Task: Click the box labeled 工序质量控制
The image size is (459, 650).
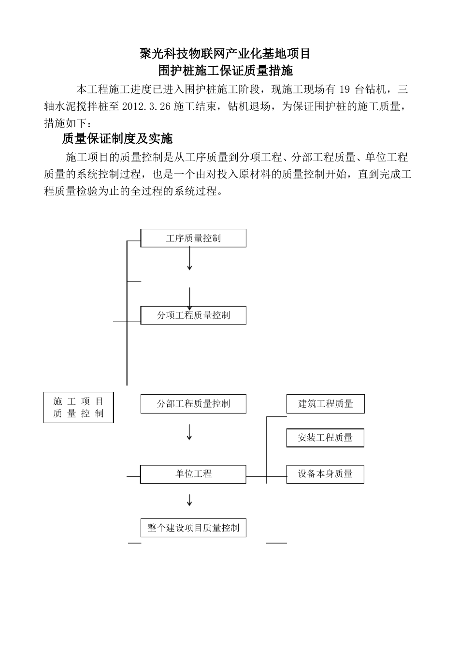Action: (x=193, y=238)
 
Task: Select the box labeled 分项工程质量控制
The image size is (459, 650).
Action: (x=193, y=315)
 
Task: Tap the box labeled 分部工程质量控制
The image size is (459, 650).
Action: (x=193, y=404)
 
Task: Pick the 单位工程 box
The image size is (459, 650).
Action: (x=193, y=474)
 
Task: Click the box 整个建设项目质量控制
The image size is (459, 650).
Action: (x=193, y=528)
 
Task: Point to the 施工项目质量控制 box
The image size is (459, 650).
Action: (x=78, y=407)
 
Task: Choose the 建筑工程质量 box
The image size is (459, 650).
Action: (x=325, y=404)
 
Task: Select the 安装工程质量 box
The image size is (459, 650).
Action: (x=325, y=438)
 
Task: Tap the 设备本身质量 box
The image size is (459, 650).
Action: (x=325, y=474)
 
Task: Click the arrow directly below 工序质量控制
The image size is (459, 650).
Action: (x=189, y=261)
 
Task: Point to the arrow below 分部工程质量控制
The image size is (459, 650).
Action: (x=189, y=432)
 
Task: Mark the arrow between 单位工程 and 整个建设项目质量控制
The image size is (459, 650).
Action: (x=189, y=500)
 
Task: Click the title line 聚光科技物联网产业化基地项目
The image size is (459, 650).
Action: (x=225, y=54)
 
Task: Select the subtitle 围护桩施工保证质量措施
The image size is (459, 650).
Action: (x=226, y=71)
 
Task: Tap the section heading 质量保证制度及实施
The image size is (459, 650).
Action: (x=117, y=139)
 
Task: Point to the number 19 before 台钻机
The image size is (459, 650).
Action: (x=344, y=89)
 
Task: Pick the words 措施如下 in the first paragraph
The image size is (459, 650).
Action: (x=64, y=123)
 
